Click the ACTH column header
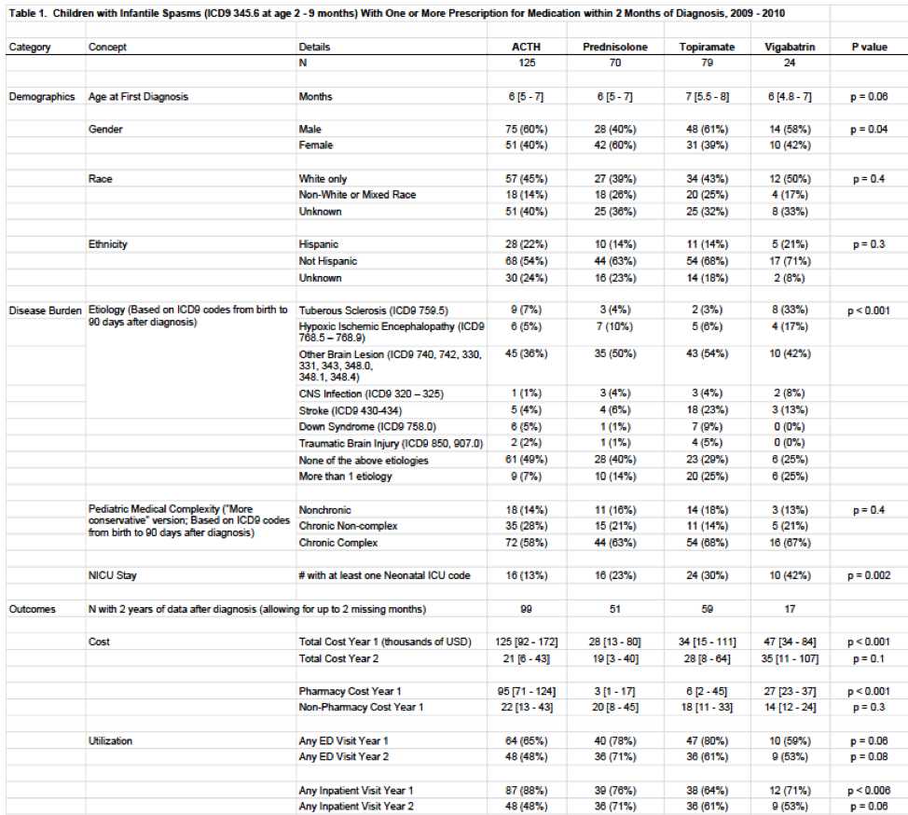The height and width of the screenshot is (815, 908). (x=526, y=47)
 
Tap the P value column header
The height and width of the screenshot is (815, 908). (x=869, y=47)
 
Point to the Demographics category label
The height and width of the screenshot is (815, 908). (x=42, y=96)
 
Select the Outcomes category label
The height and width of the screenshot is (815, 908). (x=34, y=609)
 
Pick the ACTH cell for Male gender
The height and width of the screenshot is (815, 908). (x=526, y=129)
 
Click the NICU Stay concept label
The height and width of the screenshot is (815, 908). (x=114, y=575)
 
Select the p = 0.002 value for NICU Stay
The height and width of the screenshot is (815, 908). (x=867, y=575)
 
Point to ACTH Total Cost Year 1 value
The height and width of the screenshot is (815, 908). (x=526, y=642)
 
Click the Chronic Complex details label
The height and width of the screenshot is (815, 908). (x=338, y=542)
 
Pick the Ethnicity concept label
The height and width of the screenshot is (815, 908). (x=108, y=244)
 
